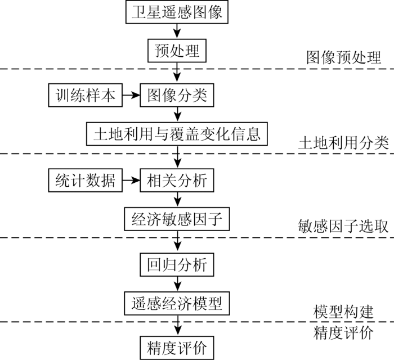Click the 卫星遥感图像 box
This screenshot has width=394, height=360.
[x=177, y=12]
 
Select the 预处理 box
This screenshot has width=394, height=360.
[x=177, y=51]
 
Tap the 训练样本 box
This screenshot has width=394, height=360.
[x=86, y=95]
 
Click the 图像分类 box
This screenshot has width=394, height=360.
[x=177, y=95]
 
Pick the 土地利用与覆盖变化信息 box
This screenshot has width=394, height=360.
[x=177, y=134]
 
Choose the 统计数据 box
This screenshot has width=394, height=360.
[x=86, y=181]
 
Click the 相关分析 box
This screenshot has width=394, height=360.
[x=177, y=181]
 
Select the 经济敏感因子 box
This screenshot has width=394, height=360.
[x=177, y=219]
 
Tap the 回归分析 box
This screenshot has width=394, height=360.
[x=177, y=265]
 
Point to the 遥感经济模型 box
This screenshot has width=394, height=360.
[x=177, y=304]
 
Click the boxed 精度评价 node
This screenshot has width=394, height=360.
[x=177, y=348]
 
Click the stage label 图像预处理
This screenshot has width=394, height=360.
[x=343, y=57]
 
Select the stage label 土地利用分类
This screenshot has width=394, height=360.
[x=343, y=143]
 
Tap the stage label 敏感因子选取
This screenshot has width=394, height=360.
[x=343, y=226]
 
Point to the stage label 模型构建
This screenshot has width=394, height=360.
[x=343, y=312]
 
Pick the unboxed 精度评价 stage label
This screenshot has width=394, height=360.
[x=343, y=333]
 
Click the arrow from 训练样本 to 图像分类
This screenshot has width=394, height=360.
[x=131, y=95]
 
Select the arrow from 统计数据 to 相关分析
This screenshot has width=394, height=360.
[x=131, y=181]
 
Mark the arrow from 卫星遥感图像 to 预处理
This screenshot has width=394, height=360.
[x=177, y=31]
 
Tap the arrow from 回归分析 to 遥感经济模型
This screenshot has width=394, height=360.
[x=178, y=284]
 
